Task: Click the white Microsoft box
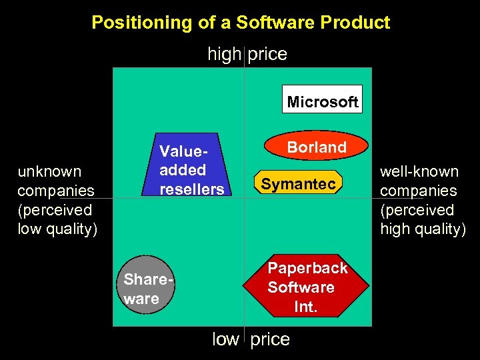(x=323, y=99)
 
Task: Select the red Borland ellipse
(x=316, y=147)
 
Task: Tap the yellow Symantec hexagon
(x=298, y=183)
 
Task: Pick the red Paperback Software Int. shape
(x=307, y=287)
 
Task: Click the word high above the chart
(x=224, y=54)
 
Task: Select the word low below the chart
(x=225, y=339)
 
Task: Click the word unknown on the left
(x=49, y=171)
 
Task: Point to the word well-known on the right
(x=419, y=171)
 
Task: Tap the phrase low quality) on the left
(x=57, y=229)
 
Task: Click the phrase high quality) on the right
(x=423, y=229)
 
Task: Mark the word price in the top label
(x=267, y=54)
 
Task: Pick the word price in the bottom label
(x=270, y=339)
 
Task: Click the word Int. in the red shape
(x=307, y=307)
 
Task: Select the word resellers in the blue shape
(x=192, y=189)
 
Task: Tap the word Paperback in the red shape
(x=307, y=268)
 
